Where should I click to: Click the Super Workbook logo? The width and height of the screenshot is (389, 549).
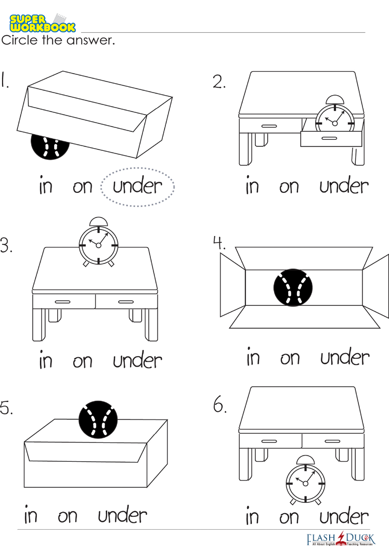click(x=42, y=23)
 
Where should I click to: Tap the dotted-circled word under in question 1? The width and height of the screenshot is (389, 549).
click(x=137, y=186)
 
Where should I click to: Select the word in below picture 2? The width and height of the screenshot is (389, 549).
click(x=252, y=186)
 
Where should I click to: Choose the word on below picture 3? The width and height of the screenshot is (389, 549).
click(x=83, y=362)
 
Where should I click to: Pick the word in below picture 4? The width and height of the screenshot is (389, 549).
click(x=253, y=357)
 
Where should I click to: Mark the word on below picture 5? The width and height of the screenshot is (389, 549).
click(x=68, y=516)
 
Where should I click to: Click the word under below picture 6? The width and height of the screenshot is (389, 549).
click(x=344, y=517)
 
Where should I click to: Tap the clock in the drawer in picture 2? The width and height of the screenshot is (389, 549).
click(x=335, y=115)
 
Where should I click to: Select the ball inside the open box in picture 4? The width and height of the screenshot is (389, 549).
click(x=293, y=287)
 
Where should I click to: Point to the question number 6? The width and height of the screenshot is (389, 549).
click(x=219, y=405)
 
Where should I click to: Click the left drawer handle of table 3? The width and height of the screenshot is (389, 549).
click(x=63, y=302)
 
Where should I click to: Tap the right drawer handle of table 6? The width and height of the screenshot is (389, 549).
click(x=332, y=441)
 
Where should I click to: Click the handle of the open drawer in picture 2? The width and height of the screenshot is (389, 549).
click(x=329, y=138)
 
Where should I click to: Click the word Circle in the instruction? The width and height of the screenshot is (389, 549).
click(x=20, y=40)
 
